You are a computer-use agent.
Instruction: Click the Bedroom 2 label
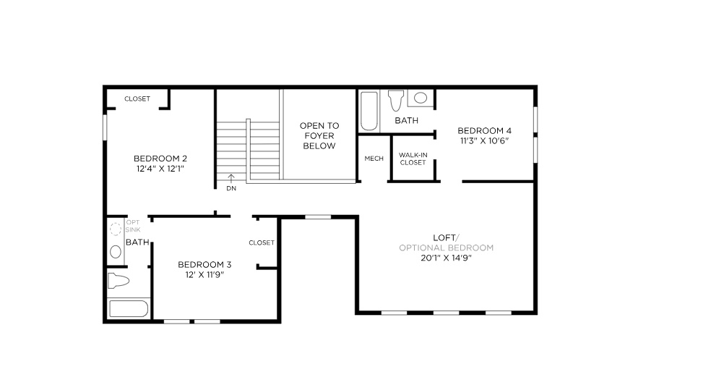[160, 159]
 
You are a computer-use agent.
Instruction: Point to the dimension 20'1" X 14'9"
[446, 258]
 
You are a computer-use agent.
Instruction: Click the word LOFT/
[446, 237]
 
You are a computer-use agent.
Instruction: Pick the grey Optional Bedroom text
[446, 248]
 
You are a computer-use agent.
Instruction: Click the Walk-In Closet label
[413, 159]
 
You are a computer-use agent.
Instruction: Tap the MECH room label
[374, 159]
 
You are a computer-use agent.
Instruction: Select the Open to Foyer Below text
[319, 135]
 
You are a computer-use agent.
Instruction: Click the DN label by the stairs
[230, 188]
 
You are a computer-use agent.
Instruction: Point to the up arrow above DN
[230, 178]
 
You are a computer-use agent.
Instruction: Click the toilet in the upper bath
[395, 99]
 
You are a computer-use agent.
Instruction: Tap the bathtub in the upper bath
[369, 110]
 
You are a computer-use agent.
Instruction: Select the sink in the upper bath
[420, 98]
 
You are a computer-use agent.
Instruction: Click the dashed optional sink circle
[115, 229]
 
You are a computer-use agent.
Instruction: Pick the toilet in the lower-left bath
[118, 280]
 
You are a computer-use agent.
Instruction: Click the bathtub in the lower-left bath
[128, 308]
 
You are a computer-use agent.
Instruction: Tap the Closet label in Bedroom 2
[137, 98]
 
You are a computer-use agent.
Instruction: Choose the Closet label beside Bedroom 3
[262, 242]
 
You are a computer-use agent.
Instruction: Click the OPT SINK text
[133, 226]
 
